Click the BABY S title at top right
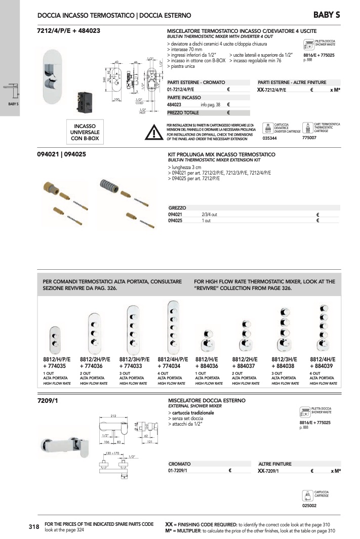[x=327, y=14]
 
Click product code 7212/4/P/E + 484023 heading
[x=68, y=31]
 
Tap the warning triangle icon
[x=152, y=132]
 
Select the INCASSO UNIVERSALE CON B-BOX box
[x=89, y=131]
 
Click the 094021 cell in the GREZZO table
[x=175, y=215]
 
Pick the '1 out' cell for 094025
[x=206, y=221]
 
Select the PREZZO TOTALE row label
[x=183, y=113]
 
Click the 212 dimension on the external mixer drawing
[x=114, y=416]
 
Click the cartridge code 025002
[x=309, y=505]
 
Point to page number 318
[x=34, y=527]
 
